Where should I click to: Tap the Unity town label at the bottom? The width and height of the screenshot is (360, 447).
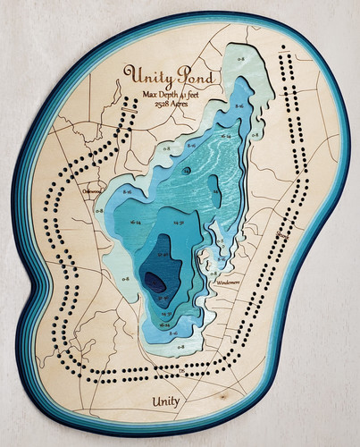click(166, 401)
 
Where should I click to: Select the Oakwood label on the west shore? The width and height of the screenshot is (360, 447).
click(92, 190)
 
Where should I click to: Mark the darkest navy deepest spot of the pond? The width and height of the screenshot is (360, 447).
click(155, 283)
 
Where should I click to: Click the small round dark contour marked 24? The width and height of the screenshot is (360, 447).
click(186, 169)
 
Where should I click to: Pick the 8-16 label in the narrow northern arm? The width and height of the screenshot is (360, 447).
click(239, 106)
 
